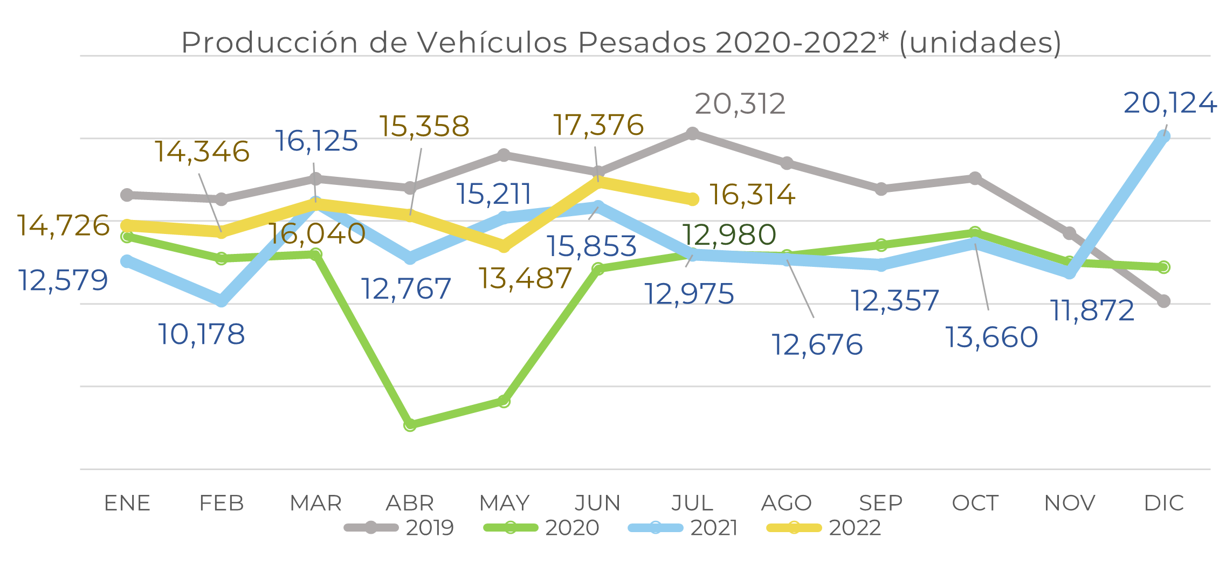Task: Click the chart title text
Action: click(621, 42)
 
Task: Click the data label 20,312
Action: click(740, 104)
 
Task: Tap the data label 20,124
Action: click(1170, 103)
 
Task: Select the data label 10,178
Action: click(202, 334)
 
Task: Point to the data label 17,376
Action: click(598, 125)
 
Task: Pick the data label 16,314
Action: click(752, 195)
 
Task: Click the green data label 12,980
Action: click(729, 235)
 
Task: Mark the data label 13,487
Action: click(525, 279)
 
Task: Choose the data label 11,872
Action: click(1092, 311)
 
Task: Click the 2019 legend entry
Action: click(400, 528)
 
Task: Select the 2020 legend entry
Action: click(541, 528)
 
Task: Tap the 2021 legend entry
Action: click(683, 528)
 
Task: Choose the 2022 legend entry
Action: click(824, 528)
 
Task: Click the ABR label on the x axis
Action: click(410, 504)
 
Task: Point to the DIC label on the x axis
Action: click(1164, 504)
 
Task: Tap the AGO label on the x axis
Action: click(787, 504)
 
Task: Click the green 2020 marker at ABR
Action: click(410, 425)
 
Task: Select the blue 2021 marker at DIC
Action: click(1164, 136)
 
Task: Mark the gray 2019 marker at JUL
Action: click(693, 133)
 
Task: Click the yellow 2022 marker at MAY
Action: click(504, 246)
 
